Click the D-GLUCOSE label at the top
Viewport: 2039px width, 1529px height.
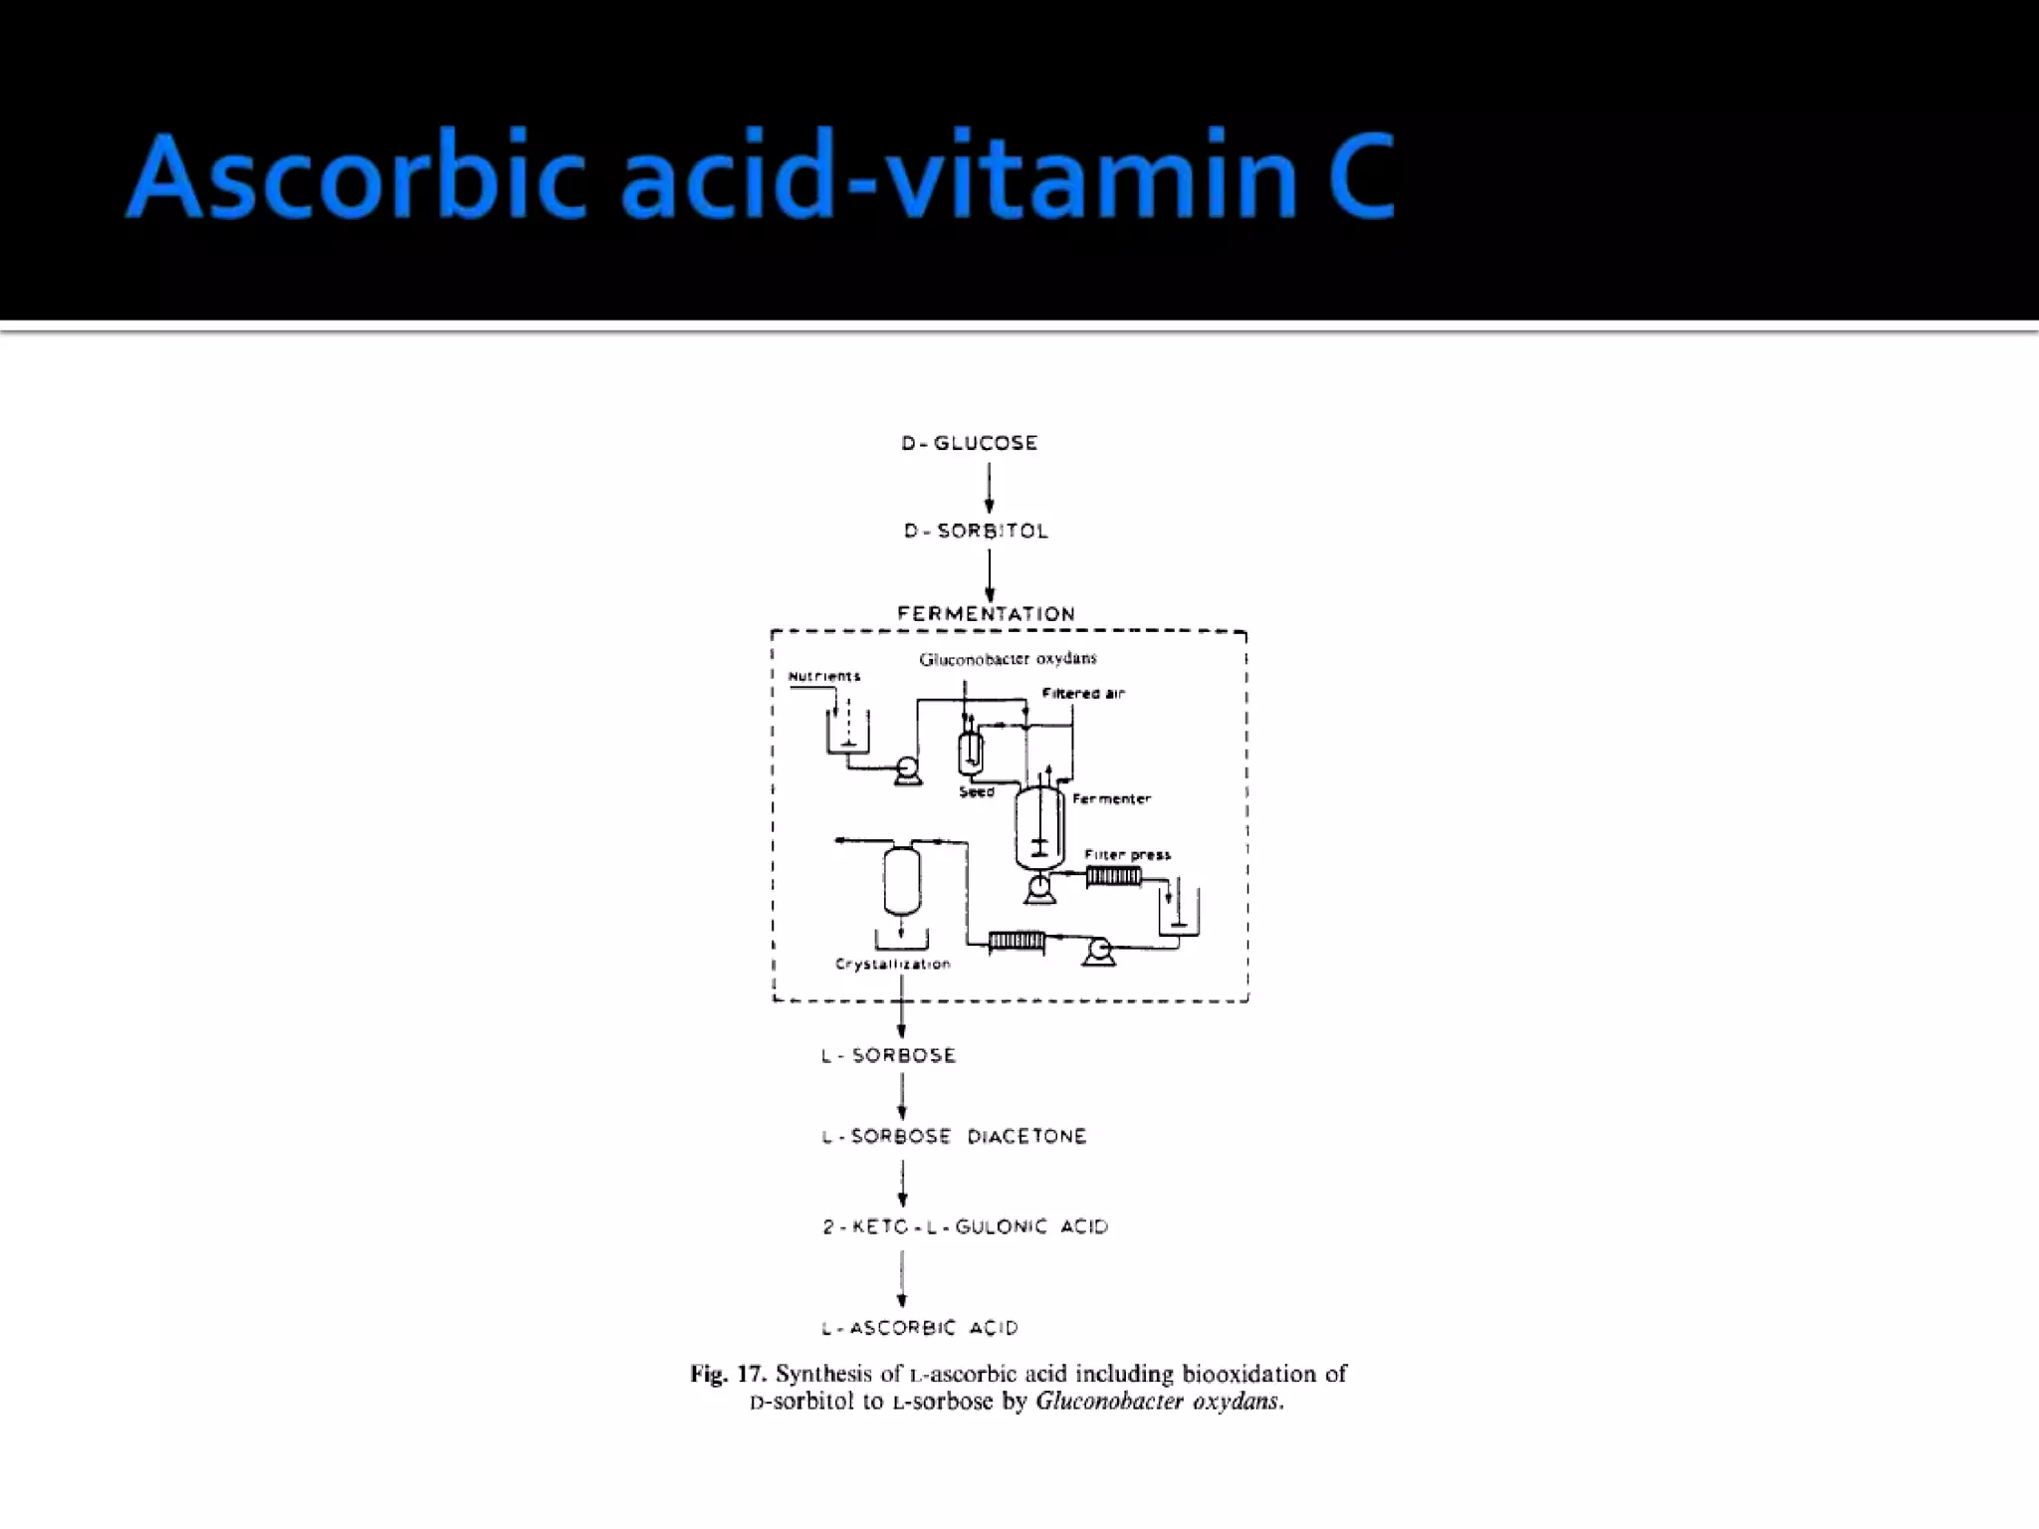[x=969, y=443]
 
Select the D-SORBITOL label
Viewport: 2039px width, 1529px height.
[x=976, y=532]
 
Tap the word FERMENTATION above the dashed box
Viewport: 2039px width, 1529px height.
[x=986, y=613]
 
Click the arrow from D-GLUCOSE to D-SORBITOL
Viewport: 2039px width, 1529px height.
[x=989, y=488]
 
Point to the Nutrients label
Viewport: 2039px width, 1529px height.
[x=823, y=677]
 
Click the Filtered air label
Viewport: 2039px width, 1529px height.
[x=1082, y=694]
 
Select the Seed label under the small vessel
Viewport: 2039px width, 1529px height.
[x=976, y=792]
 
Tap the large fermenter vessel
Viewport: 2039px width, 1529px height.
[x=1039, y=826]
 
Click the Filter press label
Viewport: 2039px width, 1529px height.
[x=1127, y=854]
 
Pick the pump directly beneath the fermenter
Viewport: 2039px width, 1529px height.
[x=1039, y=888]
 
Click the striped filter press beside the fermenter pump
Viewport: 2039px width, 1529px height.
[x=1113, y=877]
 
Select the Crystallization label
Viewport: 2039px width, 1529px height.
[x=892, y=964]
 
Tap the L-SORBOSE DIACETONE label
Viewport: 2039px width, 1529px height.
[x=954, y=1137]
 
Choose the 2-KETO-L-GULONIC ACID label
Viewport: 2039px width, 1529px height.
[x=965, y=1227]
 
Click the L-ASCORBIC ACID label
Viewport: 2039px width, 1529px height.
[x=919, y=1328]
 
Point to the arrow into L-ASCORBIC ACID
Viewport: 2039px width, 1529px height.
[x=902, y=1279]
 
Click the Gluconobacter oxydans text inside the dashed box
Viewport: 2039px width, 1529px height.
[x=1008, y=659]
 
